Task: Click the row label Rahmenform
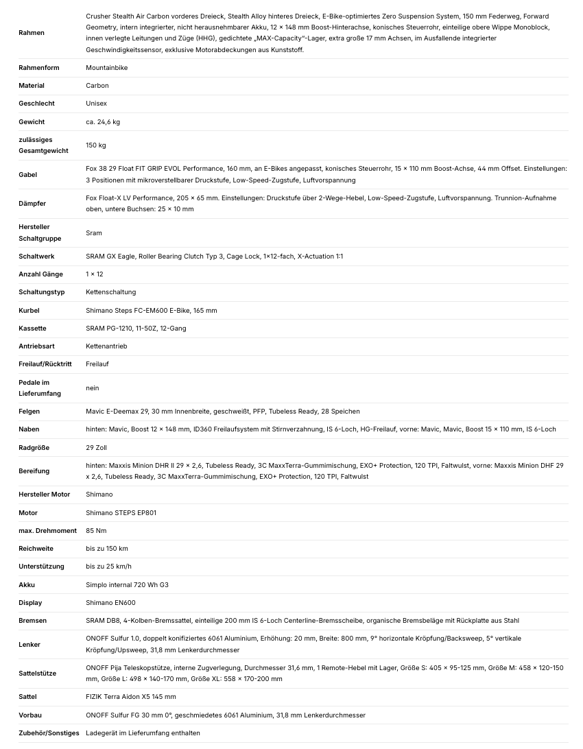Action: pos(39,68)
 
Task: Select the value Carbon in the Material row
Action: pos(97,86)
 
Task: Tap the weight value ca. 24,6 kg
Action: pos(103,122)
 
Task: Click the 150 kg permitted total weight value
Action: pos(96,145)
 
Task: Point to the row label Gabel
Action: pos(28,174)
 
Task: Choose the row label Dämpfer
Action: pos(32,204)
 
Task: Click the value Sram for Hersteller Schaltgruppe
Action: pos(94,233)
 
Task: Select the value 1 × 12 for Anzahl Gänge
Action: pos(95,274)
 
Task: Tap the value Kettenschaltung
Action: pos(111,292)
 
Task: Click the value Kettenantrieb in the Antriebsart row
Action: pos(106,346)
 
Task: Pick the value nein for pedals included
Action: pos(93,388)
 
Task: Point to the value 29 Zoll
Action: pos(97,447)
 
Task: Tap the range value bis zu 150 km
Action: pos(107,549)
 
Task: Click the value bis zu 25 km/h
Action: pos(108,567)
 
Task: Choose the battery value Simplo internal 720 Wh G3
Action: pos(127,585)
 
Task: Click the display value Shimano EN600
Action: pos(110,603)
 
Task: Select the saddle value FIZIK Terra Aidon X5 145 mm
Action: pos(131,697)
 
